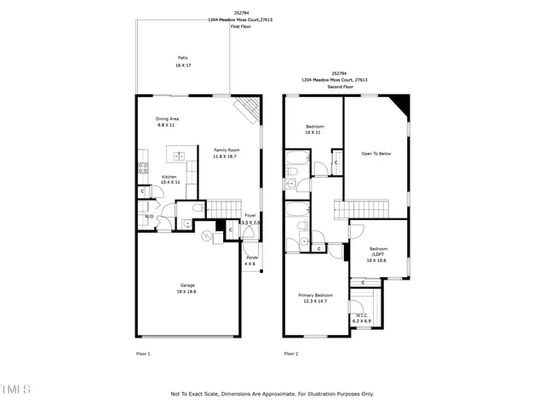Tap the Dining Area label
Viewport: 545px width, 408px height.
click(x=167, y=119)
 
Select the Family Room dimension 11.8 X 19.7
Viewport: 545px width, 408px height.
click(x=225, y=156)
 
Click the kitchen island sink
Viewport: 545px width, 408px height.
click(x=180, y=156)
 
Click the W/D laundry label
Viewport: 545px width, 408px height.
click(x=148, y=217)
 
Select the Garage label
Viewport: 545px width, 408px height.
click(x=187, y=285)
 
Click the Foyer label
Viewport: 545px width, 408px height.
click(x=250, y=216)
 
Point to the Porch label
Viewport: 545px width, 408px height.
click(x=252, y=258)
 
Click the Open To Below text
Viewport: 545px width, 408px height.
click(x=376, y=153)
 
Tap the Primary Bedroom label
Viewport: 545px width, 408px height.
click(x=315, y=295)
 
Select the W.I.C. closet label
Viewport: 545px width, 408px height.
click(x=362, y=315)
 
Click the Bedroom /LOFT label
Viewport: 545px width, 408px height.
click(x=377, y=252)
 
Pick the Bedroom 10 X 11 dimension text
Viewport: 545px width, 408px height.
click(x=313, y=133)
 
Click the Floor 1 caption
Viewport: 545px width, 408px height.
click(x=143, y=353)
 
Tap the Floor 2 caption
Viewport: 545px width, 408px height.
click(x=290, y=353)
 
